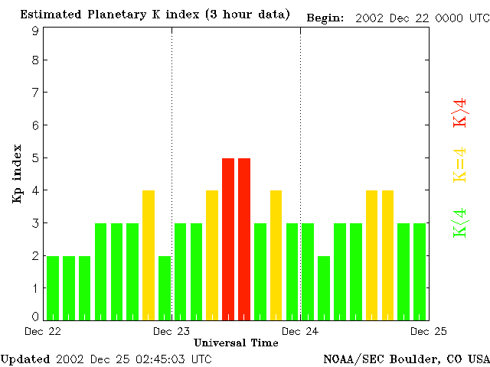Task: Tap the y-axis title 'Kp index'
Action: pyautogui.click(x=17, y=174)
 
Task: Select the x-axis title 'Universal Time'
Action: pyautogui.click(x=236, y=343)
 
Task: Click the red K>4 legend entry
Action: pyautogui.click(x=459, y=112)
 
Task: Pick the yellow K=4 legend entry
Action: pyautogui.click(x=459, y=164)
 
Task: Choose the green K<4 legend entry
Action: pyautogui.click(x=459, y=223)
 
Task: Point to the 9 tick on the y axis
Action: pyautogui.click(x=35, y=31)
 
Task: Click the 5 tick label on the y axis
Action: pyautogui.click(x=35, y=158)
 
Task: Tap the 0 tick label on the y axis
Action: pyautogui.click(x=35, y=317)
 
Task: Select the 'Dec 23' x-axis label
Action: pyautogui.click(x=171, y=331)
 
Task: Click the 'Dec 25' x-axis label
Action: pyautogui.click(x=429, y=331)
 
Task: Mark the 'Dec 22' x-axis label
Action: pyautogui.click(x=43, y=331)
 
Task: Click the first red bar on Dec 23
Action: pyautogui.click(x=228, y=239)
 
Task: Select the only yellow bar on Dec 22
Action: pyautogui.click(x=149, y=255)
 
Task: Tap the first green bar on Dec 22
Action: pyautogui.click(x=53, y=287)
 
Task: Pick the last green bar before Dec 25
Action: pyautogui.click(x=420, y=271)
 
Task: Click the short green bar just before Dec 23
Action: pyautogui.click(x=165, y=287)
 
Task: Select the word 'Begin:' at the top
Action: pyautogui.click(x=325, y=17)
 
